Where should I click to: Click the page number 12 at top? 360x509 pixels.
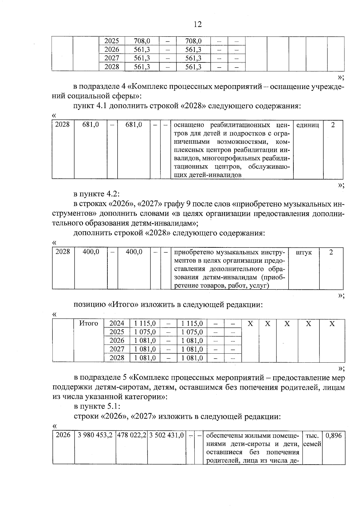coord(198,24)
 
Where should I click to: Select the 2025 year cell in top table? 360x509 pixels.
coord(112,41)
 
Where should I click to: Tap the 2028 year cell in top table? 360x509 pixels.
coord(112,67)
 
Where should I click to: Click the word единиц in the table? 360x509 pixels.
coord(307,125)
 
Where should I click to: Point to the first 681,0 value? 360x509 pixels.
coord(91,124)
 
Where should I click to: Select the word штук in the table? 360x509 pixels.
coord(304,253)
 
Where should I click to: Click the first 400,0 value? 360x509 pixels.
coord(91,252)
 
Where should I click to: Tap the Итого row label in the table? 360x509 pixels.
coord(88,323)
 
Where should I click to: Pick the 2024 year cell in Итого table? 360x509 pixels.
coord(117,323)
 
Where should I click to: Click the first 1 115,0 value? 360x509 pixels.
coord(145,323)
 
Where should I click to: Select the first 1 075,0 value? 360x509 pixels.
coord(145,332)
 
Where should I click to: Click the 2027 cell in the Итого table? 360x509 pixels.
coord(117,349)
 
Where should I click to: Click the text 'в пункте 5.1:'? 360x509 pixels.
coord(97,406)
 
